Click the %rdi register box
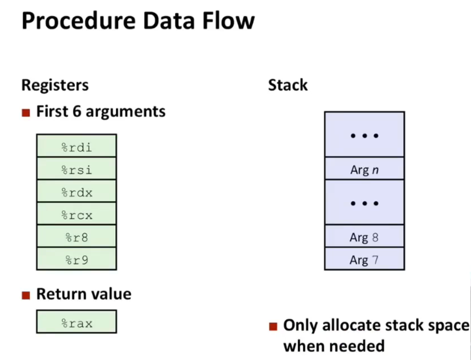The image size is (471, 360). tap(77, 146)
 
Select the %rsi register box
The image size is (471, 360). tap(77, 169)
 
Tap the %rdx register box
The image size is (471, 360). tap(77, 191)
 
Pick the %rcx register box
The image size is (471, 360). tap(77, 214)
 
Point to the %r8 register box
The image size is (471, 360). tap(77, 237)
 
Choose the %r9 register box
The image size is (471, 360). tap(77, 259)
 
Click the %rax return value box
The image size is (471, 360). tap(77, 322)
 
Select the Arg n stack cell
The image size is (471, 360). tap(364, 169)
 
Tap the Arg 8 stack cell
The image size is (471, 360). tap(364, 237)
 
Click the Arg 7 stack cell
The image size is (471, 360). tap(364, 259)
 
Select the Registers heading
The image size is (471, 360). tap(55, 85)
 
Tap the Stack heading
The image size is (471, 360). tap(288, 85)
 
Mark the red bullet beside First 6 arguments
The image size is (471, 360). tap(26, 113)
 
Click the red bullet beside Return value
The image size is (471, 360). tap(26, 295)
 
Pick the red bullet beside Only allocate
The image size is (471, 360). tap(273, 326)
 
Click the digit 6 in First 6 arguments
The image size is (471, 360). tap(77, 111)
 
